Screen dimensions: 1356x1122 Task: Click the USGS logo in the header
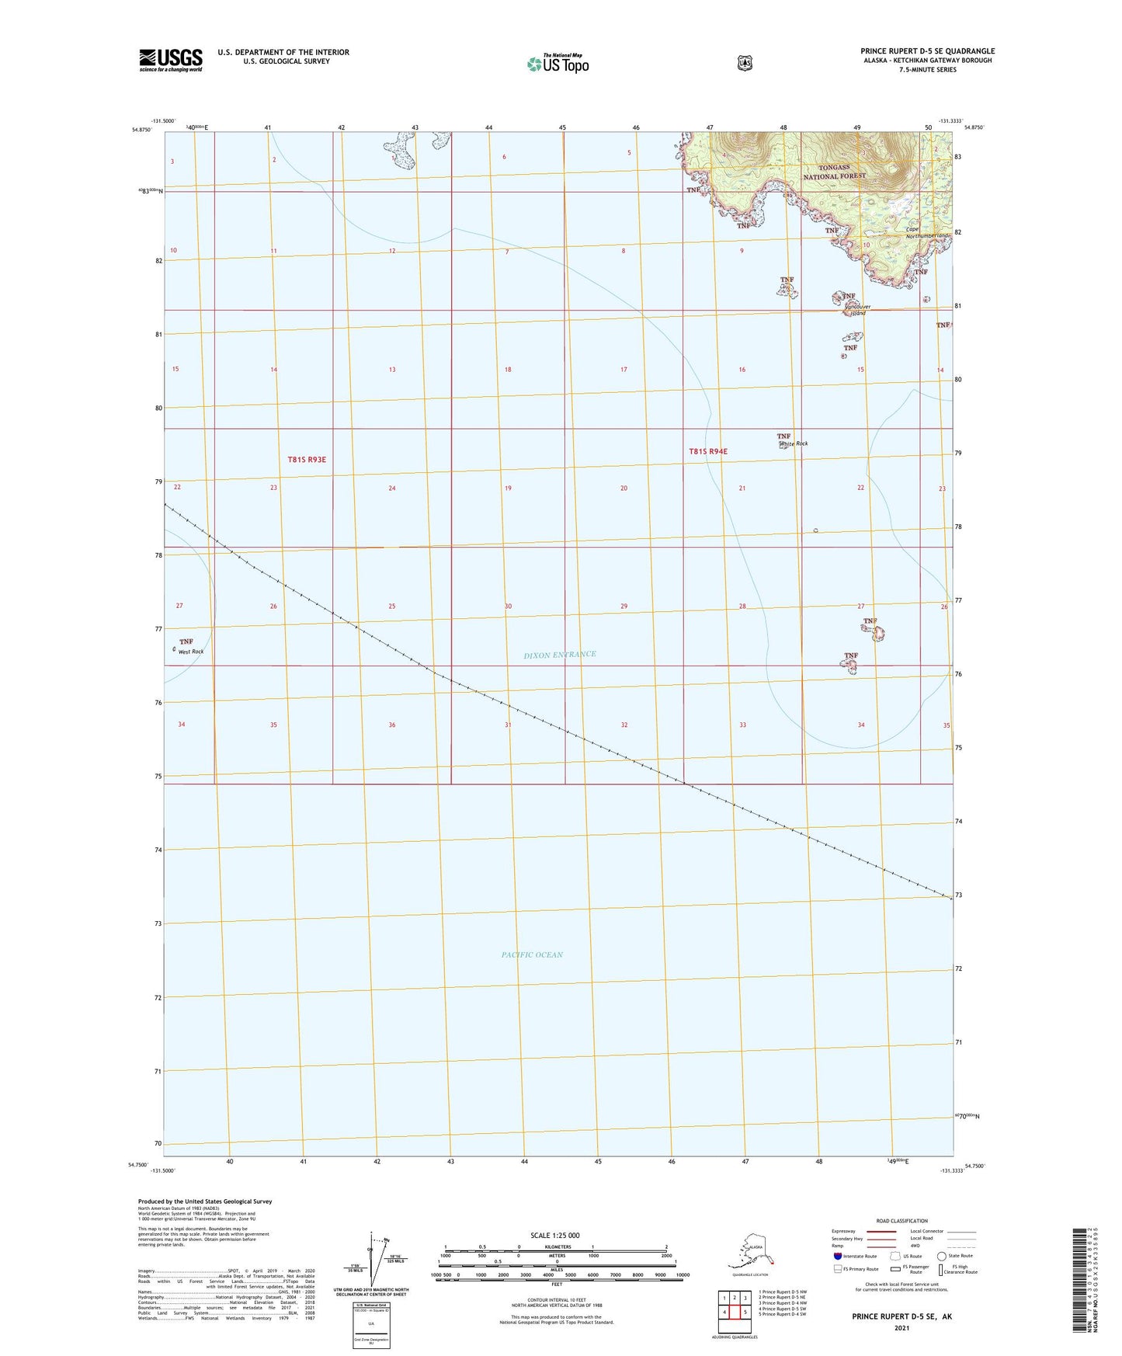[171, 60]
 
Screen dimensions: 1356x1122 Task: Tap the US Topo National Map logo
[558, 63]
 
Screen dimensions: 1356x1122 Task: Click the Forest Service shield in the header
[745, 63]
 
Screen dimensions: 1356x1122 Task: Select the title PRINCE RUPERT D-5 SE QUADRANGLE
[927, 51]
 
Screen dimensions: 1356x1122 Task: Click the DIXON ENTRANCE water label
[560, 655]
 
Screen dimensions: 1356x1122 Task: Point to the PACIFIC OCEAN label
[532, 954]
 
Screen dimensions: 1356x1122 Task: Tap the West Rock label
[191, 652]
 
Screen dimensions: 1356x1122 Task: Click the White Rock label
[794, 443]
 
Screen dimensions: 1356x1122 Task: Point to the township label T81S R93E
[307, 459]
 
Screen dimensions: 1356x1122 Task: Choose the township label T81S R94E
[707, 451]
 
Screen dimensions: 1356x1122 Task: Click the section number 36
[392, 725]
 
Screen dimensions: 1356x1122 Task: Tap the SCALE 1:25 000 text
[555, 1235]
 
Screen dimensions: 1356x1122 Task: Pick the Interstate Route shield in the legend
[838, 1256]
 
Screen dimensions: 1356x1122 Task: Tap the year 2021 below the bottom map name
[901, 1327]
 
